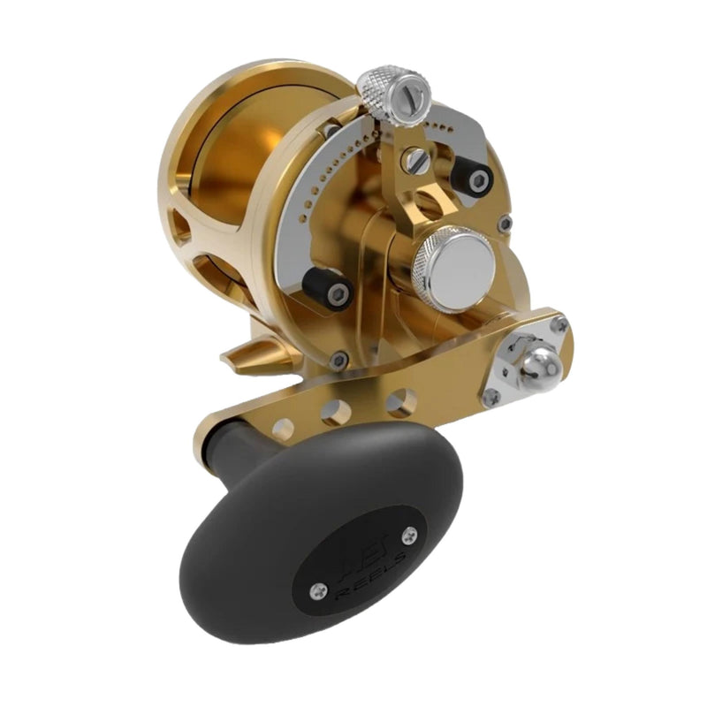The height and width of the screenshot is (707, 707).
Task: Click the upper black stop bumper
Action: pos(471,178)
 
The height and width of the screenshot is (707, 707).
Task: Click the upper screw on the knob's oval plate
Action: pos(408,534)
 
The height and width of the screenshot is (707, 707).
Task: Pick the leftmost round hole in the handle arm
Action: pos(283,430)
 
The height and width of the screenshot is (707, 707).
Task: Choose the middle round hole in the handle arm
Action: pos(337,412)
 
